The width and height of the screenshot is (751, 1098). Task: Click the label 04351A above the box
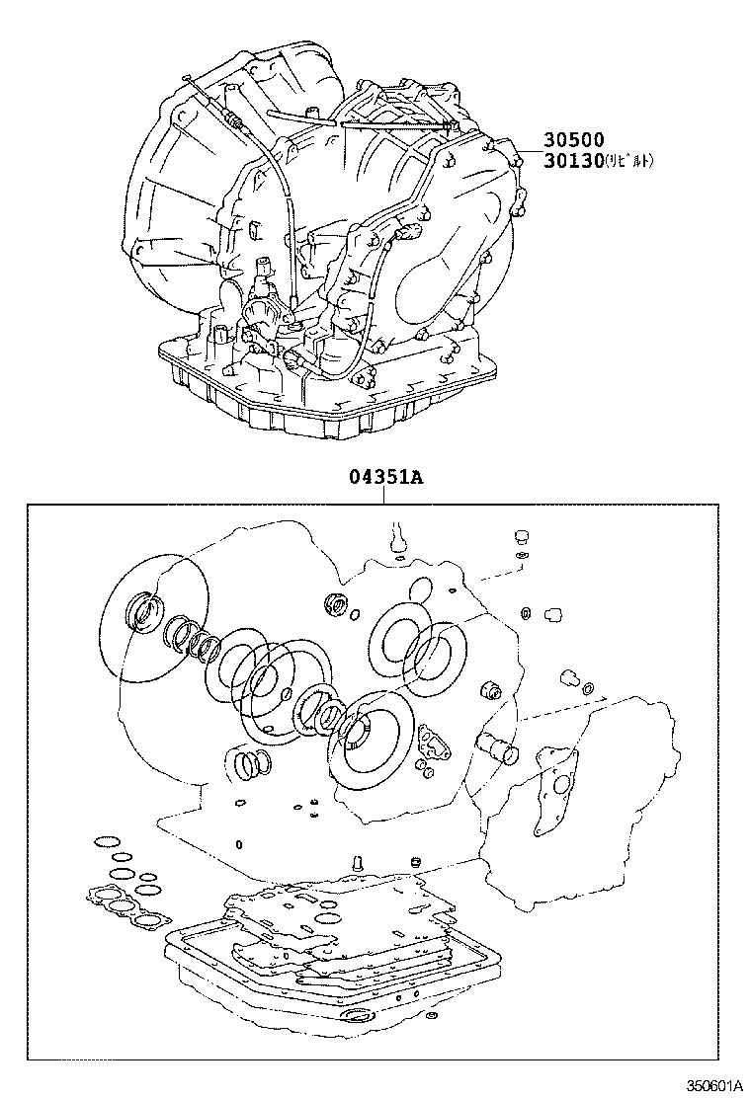coord(384,477)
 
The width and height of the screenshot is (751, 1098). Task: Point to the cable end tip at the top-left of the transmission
coord(189,79)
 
